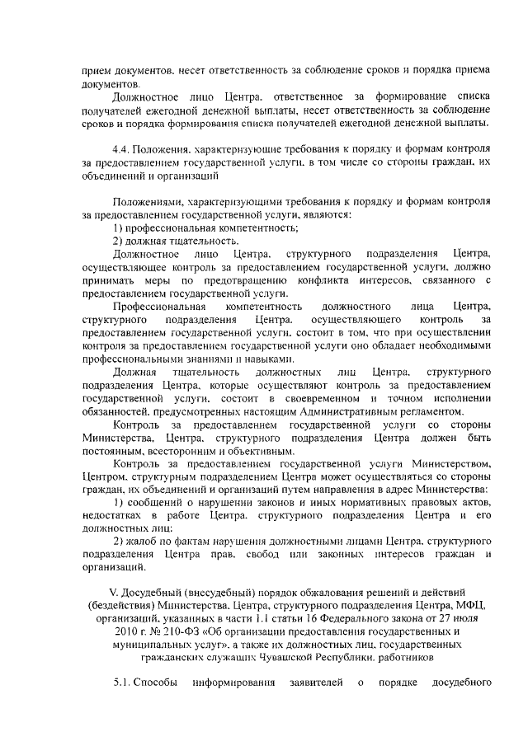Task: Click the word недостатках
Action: pos(117,518)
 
